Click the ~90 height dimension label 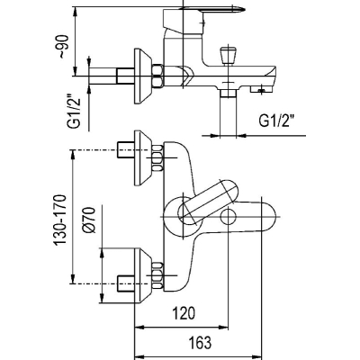pyautogui.click(x=64, y=47)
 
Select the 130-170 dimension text pyautogui.click(x=59, y=220)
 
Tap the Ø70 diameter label pyautogui.click(x=90, y=220)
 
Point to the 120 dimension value pyautogui.click(x=184, y=313)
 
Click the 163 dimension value pyautogui.click(x=200, y=342)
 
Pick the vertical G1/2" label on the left pyautogui.click(x=73, y=111)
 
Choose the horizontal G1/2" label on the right pyautogui.click(x=276, y=121)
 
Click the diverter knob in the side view pyautogui.click(x=228, y=56)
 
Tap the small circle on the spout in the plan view pyautogui.click(x=228, y=217)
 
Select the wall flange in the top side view pyautogui.click(x=142, y=76)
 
